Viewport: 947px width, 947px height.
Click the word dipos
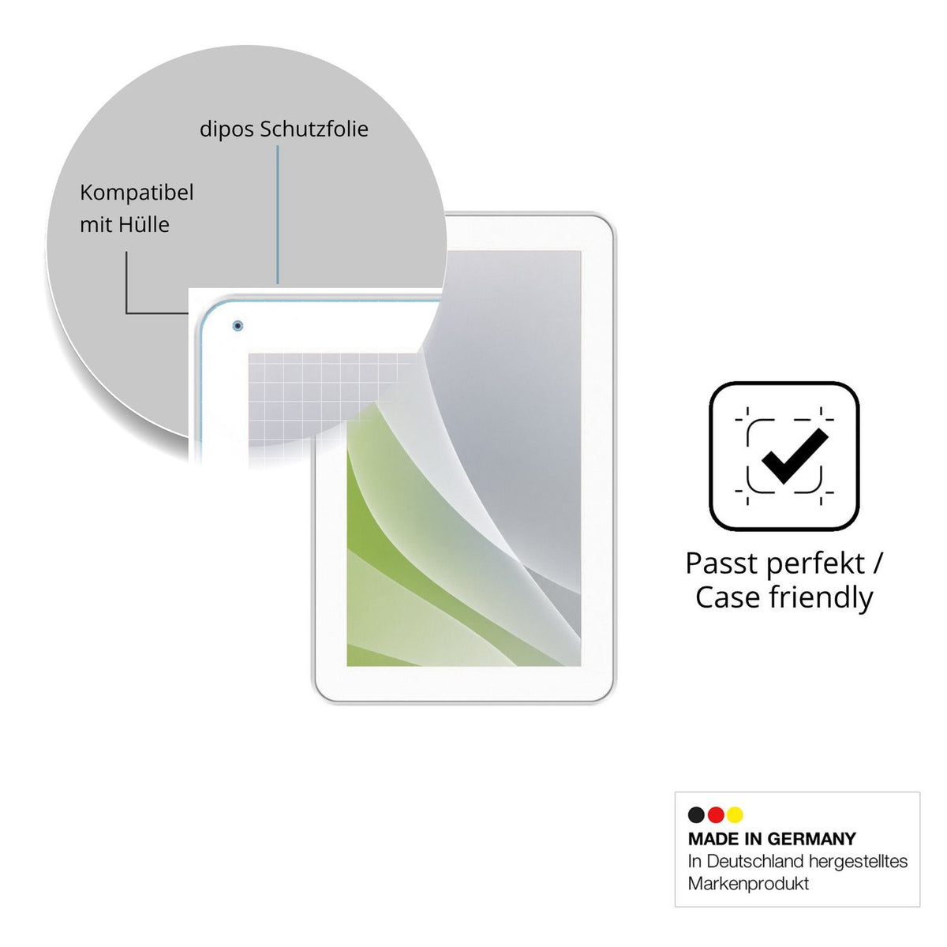point(226,129)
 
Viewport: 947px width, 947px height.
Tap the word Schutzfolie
point(314,129)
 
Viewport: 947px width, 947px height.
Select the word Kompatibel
point(137,193)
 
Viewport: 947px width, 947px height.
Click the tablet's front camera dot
point(238,325)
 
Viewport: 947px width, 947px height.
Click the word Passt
point(719,563)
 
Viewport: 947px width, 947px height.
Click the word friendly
point(822,598)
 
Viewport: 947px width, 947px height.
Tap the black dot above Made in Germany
point(696,814)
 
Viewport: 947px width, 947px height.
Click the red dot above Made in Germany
point(716,814)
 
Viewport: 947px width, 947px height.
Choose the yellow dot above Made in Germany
point(735,814)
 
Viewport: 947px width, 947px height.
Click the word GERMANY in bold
point(811,839)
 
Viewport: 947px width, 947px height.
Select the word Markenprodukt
point(748,884)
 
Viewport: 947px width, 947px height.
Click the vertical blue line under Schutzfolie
point(278,215)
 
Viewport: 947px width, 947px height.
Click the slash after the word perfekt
point(878,563)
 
